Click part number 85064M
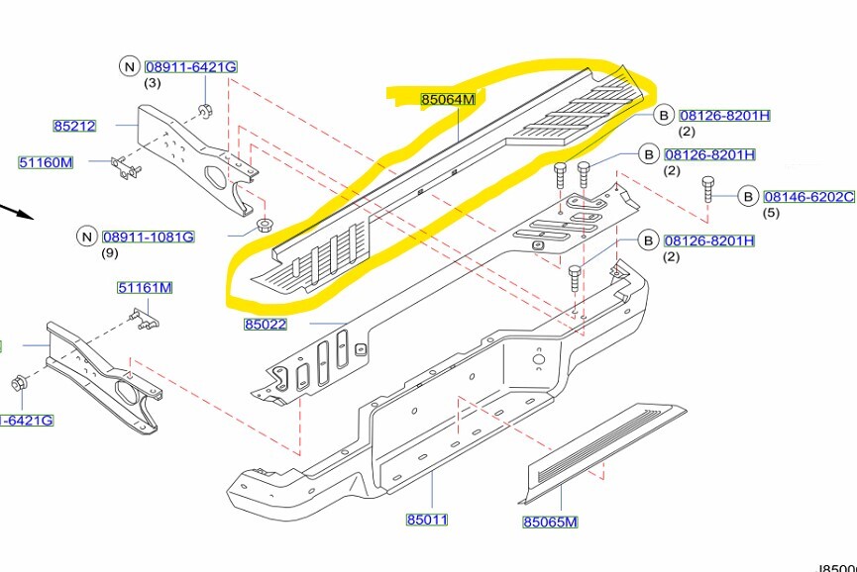coord(448,100)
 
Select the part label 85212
coord(74,126)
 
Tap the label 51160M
coord(46,161)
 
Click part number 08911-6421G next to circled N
coord(191,66)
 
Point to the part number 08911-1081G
coord(148,237)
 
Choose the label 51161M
coord(145,288)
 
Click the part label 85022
coord(265,324)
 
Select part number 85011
coord(427,520)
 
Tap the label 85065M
coord(550,523)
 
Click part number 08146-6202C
coord(807,197)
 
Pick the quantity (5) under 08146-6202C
coord(771,213)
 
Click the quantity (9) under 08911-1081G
coord(110,253)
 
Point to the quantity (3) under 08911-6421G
coord(153,82)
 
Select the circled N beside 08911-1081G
coord(86,237)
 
